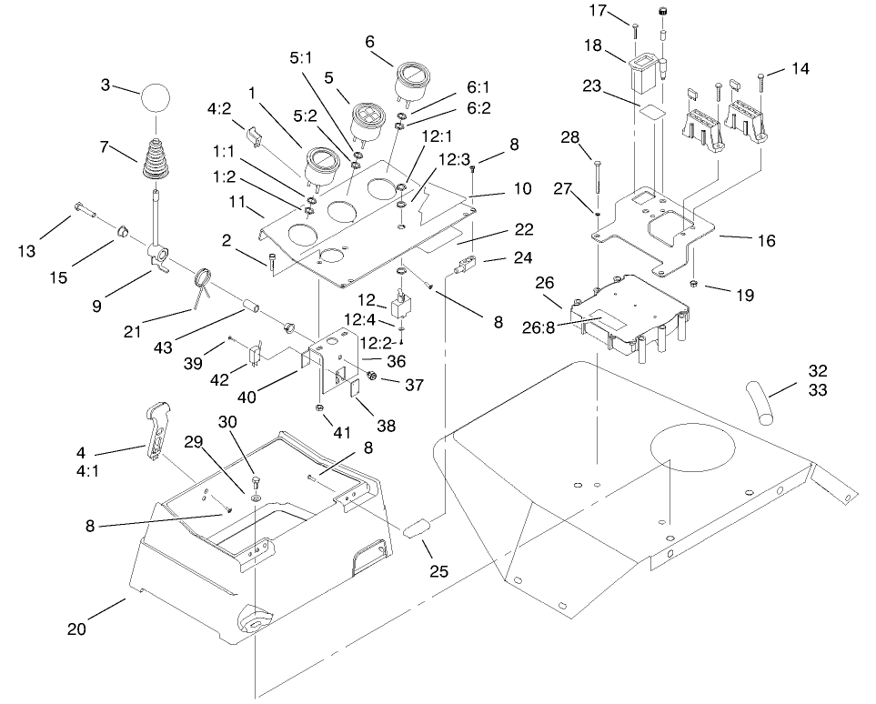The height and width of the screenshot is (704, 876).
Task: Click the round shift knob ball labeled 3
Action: pos(155,96)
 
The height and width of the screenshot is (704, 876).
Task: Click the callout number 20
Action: pos(77,629)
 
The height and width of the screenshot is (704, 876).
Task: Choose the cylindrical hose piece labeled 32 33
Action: pos(760,400)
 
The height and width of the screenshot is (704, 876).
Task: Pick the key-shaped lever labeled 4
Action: pos(156,427)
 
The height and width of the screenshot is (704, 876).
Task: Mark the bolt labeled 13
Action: pos(86,213)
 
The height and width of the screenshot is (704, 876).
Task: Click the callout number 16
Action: pos(767,240)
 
